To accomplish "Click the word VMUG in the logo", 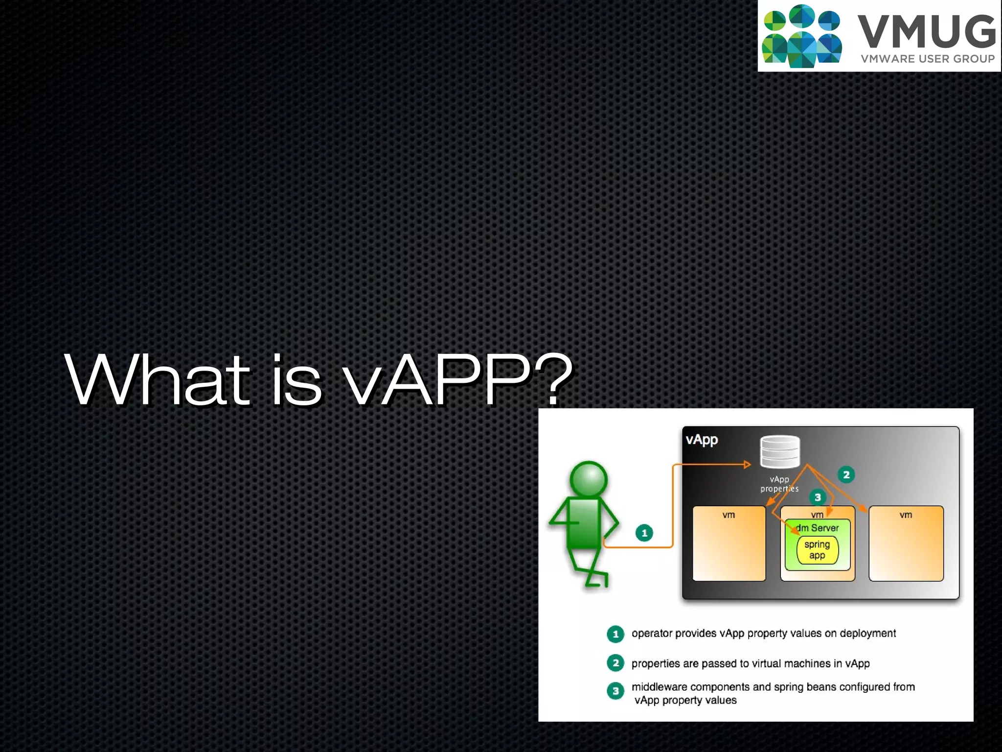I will pyautogui.click(x=926, y=31).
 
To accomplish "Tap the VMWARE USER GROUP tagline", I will pyautogui.click(x=928, y=59).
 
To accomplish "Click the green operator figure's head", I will pyautogui.click(x=589, y=479).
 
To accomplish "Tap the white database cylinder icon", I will pyautogui.click(x=780, y=451).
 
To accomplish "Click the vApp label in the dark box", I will pyautogui.click(x=702, y=440).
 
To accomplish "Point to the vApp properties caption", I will pyautogui.click(x=779, y=484).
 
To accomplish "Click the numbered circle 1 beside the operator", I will pyautogui.click(x=644, y=533).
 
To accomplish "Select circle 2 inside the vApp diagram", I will pyautogui.click(x=846, y=474).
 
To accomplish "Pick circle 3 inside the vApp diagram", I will pyautogui.click(x=818, y=497).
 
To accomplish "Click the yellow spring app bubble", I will pyautogui.click(x=817, y=550).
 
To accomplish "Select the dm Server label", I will pyautogui.click(x=818, y=528).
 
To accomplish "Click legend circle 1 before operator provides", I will pyautogui.click(x=615, y=634).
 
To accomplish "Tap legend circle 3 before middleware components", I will pyautogui.click(x=615, y=691).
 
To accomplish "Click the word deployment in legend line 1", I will pyautogui.click(x=867, y=634).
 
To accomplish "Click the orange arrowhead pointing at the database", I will pyautogui.click(x=747, y=464).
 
